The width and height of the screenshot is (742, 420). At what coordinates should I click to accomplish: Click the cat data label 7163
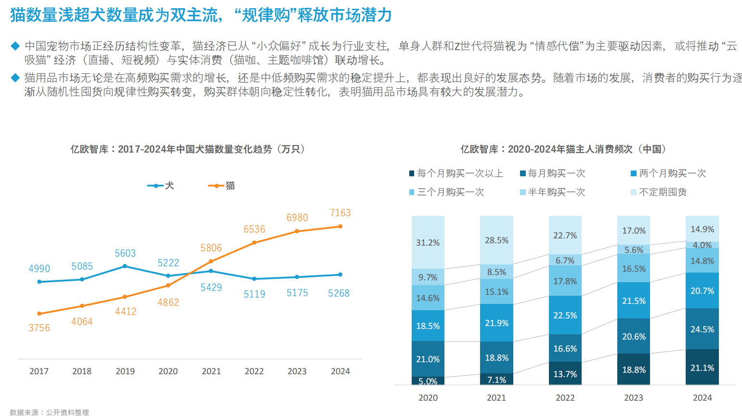tap(340, 213)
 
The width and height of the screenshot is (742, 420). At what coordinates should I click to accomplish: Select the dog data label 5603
tap(125, 253)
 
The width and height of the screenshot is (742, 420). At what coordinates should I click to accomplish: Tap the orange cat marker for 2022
tap(254, 243)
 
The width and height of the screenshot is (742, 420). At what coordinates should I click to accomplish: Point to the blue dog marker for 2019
tap(125, 266)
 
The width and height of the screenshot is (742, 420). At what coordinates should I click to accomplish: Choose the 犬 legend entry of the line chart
tap(161, 185)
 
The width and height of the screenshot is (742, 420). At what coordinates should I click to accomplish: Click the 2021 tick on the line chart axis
tap(211, 371)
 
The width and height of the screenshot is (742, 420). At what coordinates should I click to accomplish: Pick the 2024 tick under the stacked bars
tap(702, 398)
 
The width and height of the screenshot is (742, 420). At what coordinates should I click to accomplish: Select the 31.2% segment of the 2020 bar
tap(428, 243)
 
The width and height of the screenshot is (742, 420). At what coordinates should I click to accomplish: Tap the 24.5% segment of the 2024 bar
tap(702, 329)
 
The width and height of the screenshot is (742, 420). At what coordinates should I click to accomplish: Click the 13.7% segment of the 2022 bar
tap(565, 374)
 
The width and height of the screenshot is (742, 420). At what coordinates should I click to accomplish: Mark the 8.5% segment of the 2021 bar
tap(496, 272)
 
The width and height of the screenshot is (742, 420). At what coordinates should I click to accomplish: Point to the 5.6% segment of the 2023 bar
tap(634, 250)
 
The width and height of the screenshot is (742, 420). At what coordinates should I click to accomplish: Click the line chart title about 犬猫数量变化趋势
tap(188, 149)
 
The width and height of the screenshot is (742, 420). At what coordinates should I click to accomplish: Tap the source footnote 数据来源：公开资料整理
tap(49, 413)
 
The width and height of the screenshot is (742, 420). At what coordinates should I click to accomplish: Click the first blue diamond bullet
tap(15, 46)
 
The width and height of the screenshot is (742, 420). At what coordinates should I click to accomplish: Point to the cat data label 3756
tap(39, 328)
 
